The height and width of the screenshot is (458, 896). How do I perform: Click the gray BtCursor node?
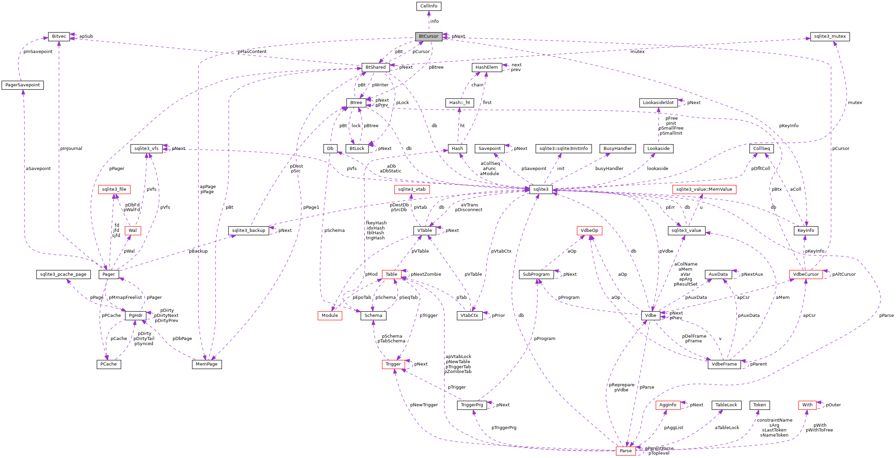(x=429, y=36)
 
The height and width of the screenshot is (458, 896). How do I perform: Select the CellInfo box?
(x=429, y=6)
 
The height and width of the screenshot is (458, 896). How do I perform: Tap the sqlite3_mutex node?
(x=830, y=36)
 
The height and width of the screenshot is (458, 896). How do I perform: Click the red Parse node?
(x=625, y=451)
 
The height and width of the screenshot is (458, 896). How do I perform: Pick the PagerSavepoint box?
(x=22, y=85)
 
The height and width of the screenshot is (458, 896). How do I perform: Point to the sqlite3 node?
(x=541, y=189)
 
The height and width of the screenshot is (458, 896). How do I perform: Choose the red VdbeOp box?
(x=589, y=231)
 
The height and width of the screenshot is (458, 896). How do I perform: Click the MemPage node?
(x=207, y=364)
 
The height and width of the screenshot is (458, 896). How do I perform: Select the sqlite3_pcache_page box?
(x=63, y=274)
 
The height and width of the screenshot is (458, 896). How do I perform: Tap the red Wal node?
(x=132, y=231)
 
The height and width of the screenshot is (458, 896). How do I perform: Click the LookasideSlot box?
(x=658, y=102)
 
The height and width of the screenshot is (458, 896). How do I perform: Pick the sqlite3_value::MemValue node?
(x=704, y=189)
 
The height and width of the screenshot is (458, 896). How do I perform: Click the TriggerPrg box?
(x=471, y=405)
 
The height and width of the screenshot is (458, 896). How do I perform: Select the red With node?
(x=807, y=405)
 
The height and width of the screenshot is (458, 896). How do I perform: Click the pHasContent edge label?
(x=252, y=52)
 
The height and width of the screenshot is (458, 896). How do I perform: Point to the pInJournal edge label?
(x=71, y=148)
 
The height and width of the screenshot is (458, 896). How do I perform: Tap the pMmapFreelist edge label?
(x=125, y=298)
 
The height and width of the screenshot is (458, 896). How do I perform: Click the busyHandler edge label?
(x=609, y=169)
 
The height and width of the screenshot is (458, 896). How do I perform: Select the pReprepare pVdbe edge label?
(x=621, y=388)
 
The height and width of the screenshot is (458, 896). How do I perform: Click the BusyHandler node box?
(x=618, y=148)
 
